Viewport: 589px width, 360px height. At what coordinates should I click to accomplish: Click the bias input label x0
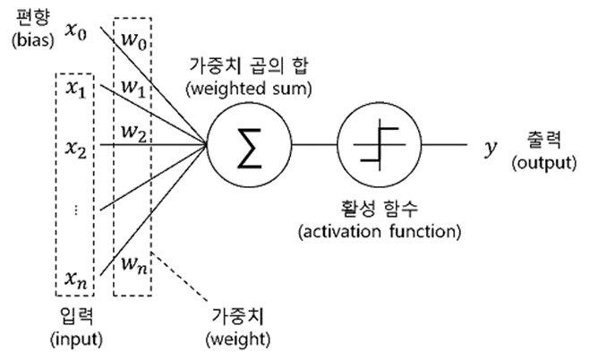point(78,34)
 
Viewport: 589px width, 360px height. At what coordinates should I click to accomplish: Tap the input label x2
point(76,148)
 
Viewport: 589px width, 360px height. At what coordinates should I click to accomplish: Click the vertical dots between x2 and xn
point(76,210)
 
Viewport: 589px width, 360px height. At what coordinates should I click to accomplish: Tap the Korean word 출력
point(546,139)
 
